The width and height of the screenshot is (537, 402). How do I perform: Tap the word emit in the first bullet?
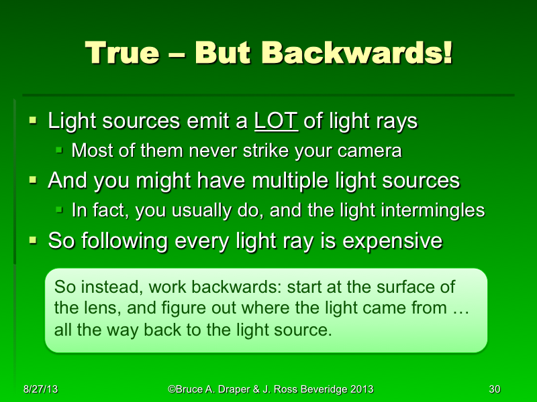[x=226, y=121]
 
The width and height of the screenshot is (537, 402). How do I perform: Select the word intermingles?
[x=426, y=210]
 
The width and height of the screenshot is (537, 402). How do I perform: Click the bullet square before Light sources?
[x=33, y=121]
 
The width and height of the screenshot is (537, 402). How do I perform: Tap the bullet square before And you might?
[x=33, y=180]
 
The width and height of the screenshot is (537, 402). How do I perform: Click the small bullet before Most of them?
[x=60, y=150]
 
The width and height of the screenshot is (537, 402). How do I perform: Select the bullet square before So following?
[x=33, y=239]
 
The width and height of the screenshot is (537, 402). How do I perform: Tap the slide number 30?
[x=495, y=389]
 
